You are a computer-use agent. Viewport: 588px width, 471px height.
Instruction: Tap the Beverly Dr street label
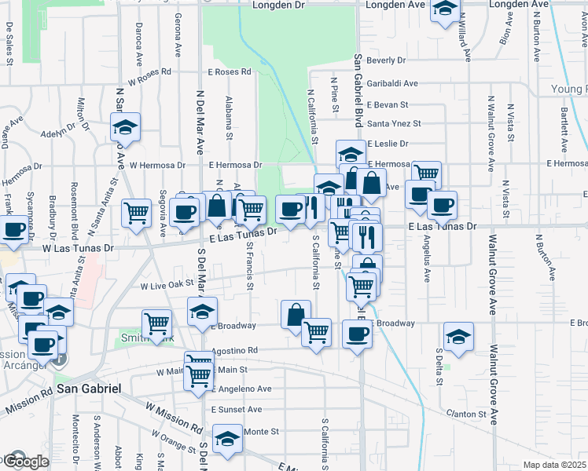pos(385,60)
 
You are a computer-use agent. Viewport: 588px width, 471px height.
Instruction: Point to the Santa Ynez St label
pos(394,123)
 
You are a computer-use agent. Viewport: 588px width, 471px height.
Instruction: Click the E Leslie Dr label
pos(388,144)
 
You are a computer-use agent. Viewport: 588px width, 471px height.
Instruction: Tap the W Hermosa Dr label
pos(157,166)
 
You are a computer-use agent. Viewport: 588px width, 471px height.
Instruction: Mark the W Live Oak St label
pos(167,287)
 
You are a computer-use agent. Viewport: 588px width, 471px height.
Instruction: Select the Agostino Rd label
pos(234,350)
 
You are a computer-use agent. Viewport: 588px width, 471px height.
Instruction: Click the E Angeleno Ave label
pos(241,389)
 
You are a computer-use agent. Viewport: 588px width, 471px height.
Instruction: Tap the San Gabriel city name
pos(87,389)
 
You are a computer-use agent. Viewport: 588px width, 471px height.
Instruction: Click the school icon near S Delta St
pos(458,337)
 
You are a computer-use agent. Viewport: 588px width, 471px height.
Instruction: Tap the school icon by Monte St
pos(227,438)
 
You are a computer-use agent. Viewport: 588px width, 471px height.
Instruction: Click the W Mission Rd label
pos(172,417)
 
